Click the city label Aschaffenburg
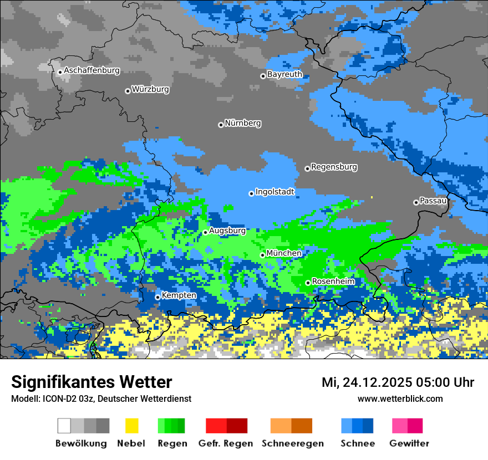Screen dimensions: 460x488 coord(91,71)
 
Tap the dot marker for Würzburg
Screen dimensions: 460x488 coord(128,91)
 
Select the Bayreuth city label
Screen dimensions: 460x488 coord(284,74)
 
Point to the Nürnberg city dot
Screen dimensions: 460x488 coord(221,125)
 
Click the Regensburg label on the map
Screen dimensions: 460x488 coord(334,167)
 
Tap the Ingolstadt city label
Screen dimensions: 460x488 coord(274,192)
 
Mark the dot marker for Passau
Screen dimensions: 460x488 coord(416,202)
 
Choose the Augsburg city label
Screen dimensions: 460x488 coord(227,231)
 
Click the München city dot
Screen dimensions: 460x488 coord(263,255)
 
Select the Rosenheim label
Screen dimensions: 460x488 coord(333,282)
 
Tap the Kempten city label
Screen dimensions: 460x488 coord(179,295)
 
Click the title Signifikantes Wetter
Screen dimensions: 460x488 coord(91,382)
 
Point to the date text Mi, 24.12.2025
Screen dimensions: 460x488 coord(368,382)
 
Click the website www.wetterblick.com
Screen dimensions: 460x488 coord(400,398)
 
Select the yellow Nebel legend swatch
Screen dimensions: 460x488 coord(131,426)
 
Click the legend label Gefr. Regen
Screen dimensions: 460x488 coord(225,443)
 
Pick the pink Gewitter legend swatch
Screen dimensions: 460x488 coord(400,426)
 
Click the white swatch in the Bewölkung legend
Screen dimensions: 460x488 coord(64,426)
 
